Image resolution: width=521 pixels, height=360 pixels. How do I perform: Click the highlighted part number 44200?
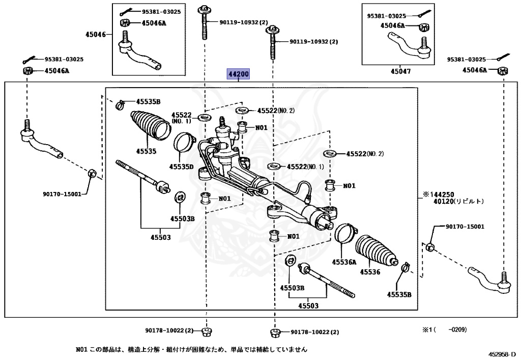click(239, 75)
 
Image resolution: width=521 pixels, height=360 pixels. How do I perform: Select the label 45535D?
click(182, 167)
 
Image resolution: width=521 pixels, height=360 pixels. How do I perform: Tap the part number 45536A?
click(344, 262)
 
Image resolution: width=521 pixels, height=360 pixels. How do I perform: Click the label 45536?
click(370, 272)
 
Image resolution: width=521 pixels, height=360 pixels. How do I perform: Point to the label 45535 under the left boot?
click(146, 151)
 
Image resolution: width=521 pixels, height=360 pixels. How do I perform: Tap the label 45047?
click(400, 71)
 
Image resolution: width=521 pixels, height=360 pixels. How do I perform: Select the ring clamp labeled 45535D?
click(184, 142)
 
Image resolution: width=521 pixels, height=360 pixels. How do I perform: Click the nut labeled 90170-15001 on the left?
click(92, 173)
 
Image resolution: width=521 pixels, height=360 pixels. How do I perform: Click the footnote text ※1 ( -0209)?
click(444, 329)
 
